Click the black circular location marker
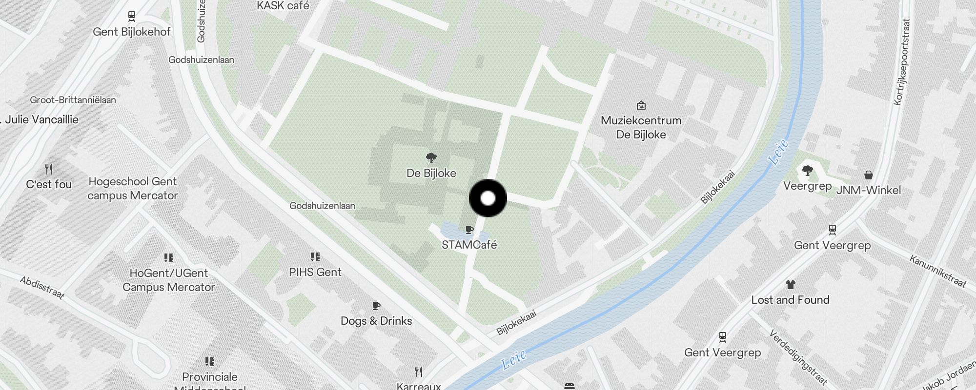click(488, 198)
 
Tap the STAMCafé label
click(469, 245)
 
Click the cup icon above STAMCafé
click(469, 230)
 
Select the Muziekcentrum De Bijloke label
click(641, 127)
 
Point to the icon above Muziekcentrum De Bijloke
click(641, 105)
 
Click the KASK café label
click(283, 6)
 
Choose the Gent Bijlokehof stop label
click(132, 32)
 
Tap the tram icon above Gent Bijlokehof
click(131, 17)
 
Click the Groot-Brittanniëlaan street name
click(73, 100)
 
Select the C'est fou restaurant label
click(49, 185)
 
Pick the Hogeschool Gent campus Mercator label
click(133, 189)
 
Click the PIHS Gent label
click(315, 272)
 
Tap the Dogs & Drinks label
click(376, 321)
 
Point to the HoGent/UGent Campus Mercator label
click(168, 280)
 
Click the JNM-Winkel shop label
click(868, 190)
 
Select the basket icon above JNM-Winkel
click(868, 175)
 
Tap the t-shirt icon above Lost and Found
click(790, 285)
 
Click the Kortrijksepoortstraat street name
click(902, 62)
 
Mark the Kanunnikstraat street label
click(937, 271)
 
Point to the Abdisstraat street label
click(42, 287)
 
